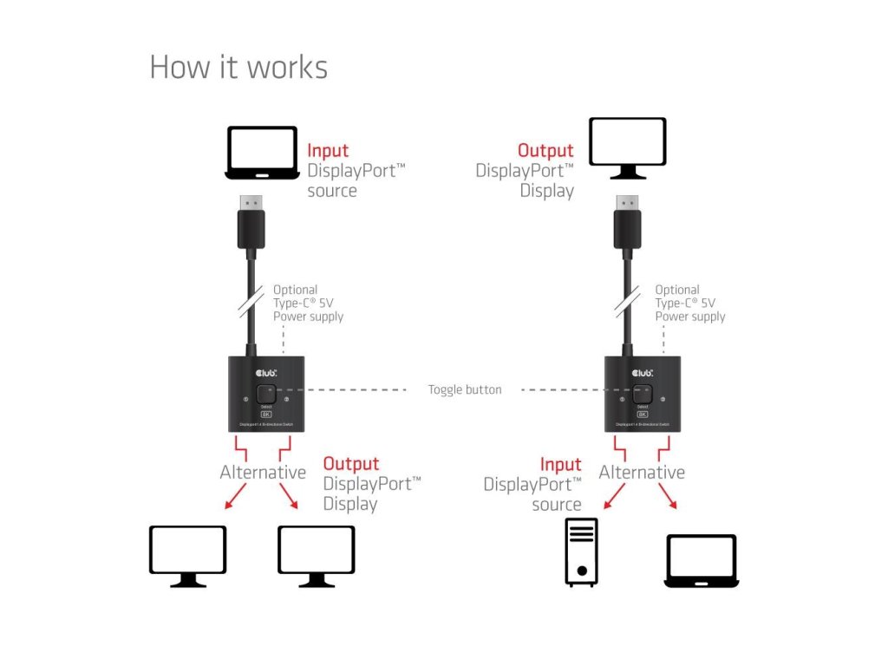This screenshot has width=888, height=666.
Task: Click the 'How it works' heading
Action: [238, 67]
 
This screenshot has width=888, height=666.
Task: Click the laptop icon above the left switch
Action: [262, 153]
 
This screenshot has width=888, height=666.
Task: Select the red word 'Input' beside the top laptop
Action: [328, 150]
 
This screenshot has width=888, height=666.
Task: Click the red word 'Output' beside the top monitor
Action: [545, 151]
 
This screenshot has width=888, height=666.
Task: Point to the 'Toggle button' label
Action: [465, 390]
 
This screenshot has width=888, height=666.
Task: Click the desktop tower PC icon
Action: [581, 552]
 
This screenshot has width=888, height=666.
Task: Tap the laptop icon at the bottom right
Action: [701, 560]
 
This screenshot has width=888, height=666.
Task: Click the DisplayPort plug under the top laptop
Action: [252, 223]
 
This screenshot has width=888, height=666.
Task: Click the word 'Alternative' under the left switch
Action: [263, 473]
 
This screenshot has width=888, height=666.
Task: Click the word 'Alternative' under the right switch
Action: [642, 473]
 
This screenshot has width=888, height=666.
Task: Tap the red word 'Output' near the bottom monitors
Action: [351, 464]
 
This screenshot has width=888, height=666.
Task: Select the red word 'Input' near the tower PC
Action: [560, 465]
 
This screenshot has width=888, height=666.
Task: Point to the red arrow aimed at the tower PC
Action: [615, 497]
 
